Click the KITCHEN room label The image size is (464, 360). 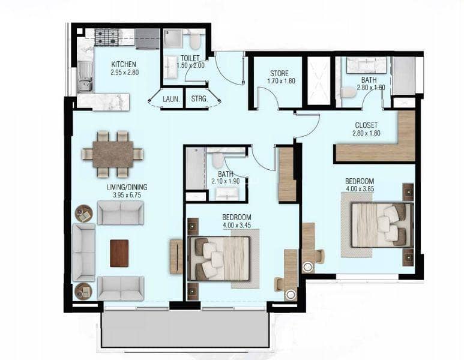[124, 64]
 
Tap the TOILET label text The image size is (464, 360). [190, 58]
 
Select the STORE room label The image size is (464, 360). [279, 73]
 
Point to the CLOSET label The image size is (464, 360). [366, 125]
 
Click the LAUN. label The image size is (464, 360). [171, 99]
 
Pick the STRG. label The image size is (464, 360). [199, 99]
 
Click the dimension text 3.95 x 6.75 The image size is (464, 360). [127, 195]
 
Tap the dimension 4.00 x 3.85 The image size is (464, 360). [360, 189]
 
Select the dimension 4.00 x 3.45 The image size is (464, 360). [237, 226]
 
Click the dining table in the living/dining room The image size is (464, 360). [113, 154]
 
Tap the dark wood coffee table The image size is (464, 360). [119, 253]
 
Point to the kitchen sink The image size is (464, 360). [85, 78]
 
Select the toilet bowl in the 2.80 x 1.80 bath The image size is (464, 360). [348, 92]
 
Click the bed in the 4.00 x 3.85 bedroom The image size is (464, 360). [382, 225]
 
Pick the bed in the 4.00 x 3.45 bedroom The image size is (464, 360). [219, 259]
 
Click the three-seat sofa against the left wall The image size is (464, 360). [84, 252]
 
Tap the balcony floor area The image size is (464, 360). [185, 329]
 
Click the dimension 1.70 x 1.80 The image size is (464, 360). [281, 81]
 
